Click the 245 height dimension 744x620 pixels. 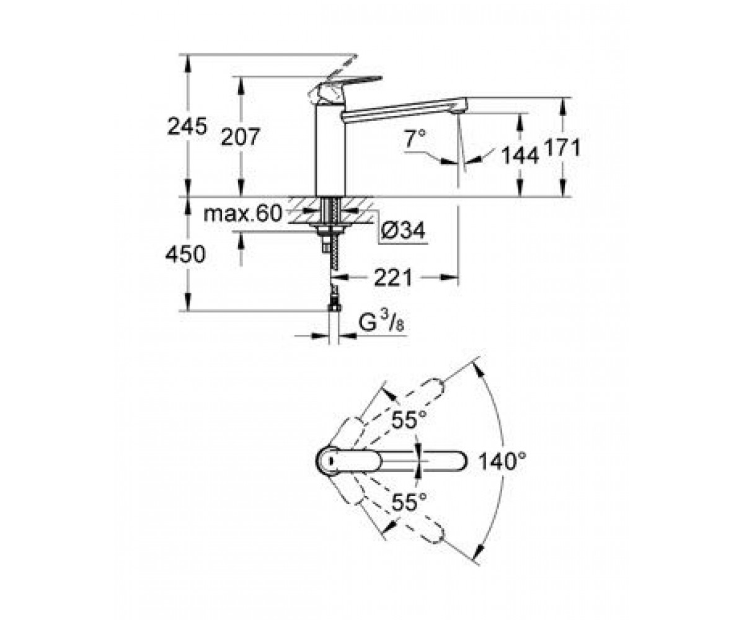coord(187,126)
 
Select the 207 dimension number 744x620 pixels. coord(241,137)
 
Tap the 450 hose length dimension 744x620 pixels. coord(185,254)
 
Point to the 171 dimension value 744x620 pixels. coord(562,148)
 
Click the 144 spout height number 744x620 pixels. coord(520,156)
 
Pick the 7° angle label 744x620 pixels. coord(415,138)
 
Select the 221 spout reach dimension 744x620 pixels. coord(393,278)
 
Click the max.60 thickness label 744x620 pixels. coord(242,213)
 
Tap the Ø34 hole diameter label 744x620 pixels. coord(402,231)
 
